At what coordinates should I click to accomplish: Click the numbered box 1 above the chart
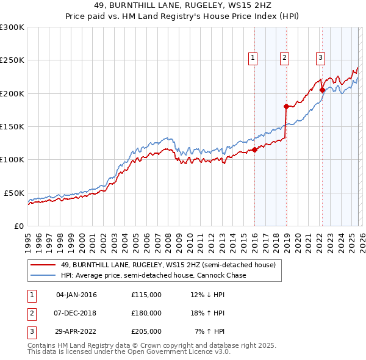pyautogui.click(x=253, y=58)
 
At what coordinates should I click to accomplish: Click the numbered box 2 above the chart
pyautogui.click(x=284, y=58)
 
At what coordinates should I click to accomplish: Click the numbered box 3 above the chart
pyautogui.click(x=320, y=58)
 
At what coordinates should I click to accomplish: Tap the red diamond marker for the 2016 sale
pyautogui.click(x=254, y=150)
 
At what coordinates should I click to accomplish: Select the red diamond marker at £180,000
pyautogui.click(x=285, y=106)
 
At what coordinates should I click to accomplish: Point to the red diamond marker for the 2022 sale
pyautogui.click(x=322, y=90)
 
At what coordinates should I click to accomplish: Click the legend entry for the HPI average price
pyautogui.click(x=154, y=275)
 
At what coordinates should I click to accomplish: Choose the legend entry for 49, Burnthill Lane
pyautogui.click(x=168, y=265)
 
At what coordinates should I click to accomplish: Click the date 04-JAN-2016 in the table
pyautogui.click(x=76, y=295)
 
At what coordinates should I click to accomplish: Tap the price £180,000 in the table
pyautogui.click(x=146, y=313)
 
